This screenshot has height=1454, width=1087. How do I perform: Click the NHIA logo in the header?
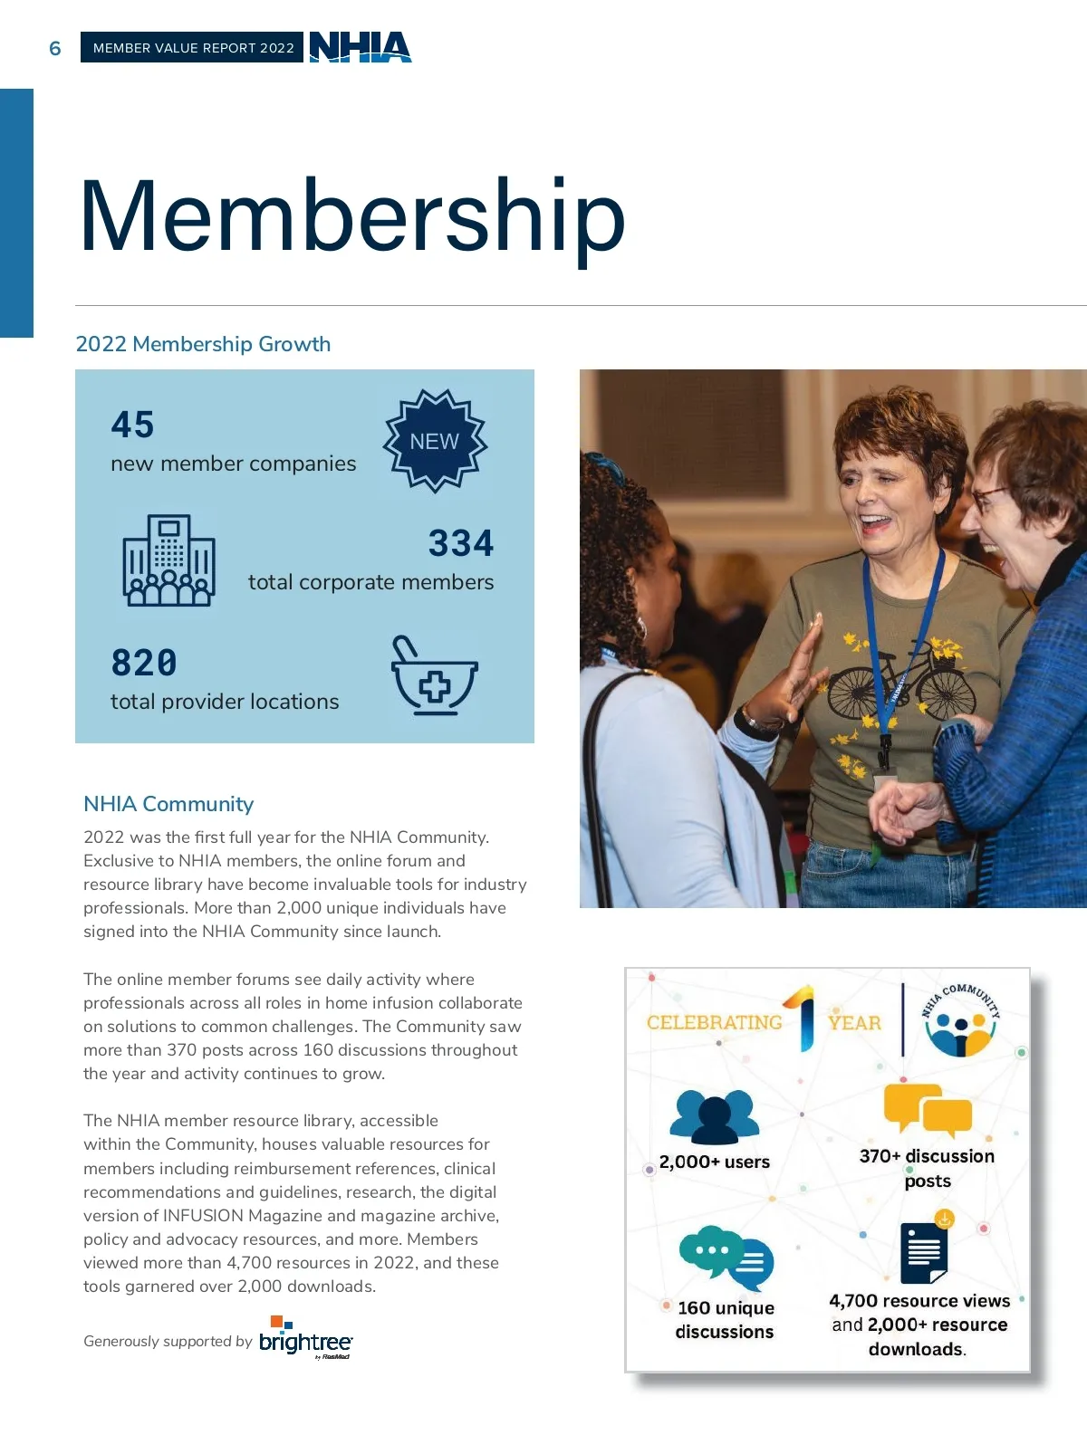coord(361,47)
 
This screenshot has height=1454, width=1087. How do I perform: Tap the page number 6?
coord(55,48)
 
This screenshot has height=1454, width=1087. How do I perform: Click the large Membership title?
coord(352,217)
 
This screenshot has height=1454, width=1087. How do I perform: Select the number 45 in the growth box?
coord(132,425)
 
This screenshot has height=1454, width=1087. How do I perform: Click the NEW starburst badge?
coord(435,441)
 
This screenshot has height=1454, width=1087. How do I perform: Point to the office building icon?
coord(168,560)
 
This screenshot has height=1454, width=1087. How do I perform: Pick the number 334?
coord(461,543)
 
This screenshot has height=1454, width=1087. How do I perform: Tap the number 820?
coord(144,663)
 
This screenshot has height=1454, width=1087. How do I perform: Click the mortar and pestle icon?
coord(433,676)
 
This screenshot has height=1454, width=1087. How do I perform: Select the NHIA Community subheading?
coord(168,804)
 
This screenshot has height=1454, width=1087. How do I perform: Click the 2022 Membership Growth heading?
coord(203,344)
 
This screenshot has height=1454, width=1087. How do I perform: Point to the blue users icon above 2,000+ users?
coord(714,1117)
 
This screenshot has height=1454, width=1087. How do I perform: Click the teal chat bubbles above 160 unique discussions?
coord(726,1256)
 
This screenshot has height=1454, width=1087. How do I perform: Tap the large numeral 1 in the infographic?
coord(803,1019)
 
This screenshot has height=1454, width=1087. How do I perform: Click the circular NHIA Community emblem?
coord(960,1021)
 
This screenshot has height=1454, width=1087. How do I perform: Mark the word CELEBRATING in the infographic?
coord(715,1022)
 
